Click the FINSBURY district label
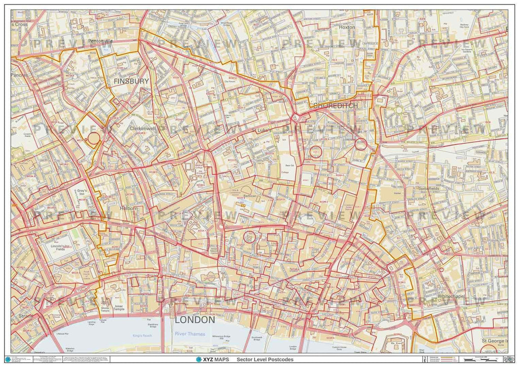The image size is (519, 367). (131, 81)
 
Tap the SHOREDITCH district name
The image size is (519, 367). (336, 106)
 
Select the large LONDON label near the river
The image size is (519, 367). (195, 320)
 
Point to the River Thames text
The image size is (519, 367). (190, 334)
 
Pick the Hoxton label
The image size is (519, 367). (347, 27)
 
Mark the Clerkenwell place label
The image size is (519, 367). (142, 129)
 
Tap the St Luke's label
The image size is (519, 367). (262, 131)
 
